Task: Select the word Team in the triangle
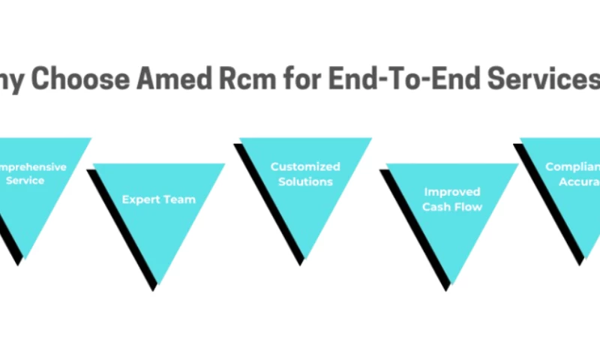pyautogui.click(x=179, y=199)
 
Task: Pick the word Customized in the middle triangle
pyautogui.click(x=305, y=166)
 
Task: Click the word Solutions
pyautogui.click(x=305, y=181)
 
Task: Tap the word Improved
pyautogui.click(x=451, y=192)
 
